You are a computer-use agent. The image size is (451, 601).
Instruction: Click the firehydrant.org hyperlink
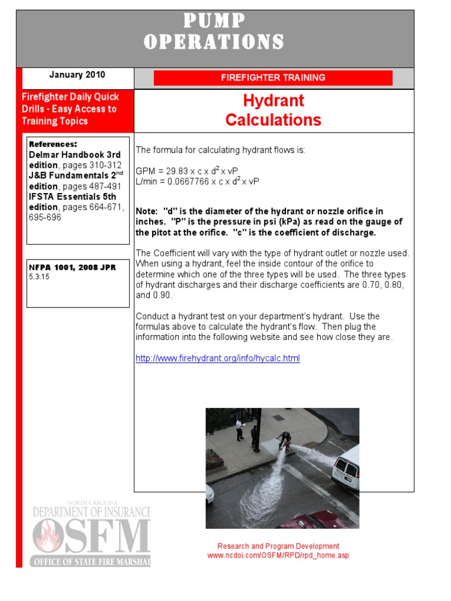217,358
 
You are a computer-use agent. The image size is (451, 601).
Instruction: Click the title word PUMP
214,21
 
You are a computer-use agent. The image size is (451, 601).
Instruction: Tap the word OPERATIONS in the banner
214,42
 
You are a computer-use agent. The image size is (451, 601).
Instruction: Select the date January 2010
77,75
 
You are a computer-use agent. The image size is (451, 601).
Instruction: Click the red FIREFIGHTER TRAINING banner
273,77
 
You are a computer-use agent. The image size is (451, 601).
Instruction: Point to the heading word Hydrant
273,100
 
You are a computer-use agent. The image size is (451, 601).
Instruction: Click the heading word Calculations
273,120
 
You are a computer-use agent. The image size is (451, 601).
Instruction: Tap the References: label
53,144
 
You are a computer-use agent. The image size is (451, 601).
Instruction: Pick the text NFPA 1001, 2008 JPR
72,267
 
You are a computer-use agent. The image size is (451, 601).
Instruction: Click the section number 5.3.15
39,276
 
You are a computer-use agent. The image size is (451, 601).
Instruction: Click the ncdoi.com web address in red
278,555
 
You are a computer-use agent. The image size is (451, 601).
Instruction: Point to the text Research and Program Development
278,546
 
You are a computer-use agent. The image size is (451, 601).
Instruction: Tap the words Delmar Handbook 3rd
75,155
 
